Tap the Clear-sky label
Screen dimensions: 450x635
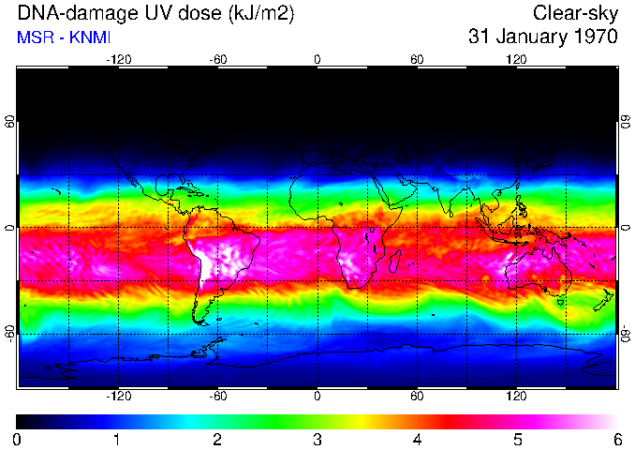[x=575, y=14]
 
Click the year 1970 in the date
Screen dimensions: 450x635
[x=595, y=37]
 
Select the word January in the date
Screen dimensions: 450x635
[x=527, y=37]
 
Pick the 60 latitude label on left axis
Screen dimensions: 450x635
[x=10, y=123]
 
